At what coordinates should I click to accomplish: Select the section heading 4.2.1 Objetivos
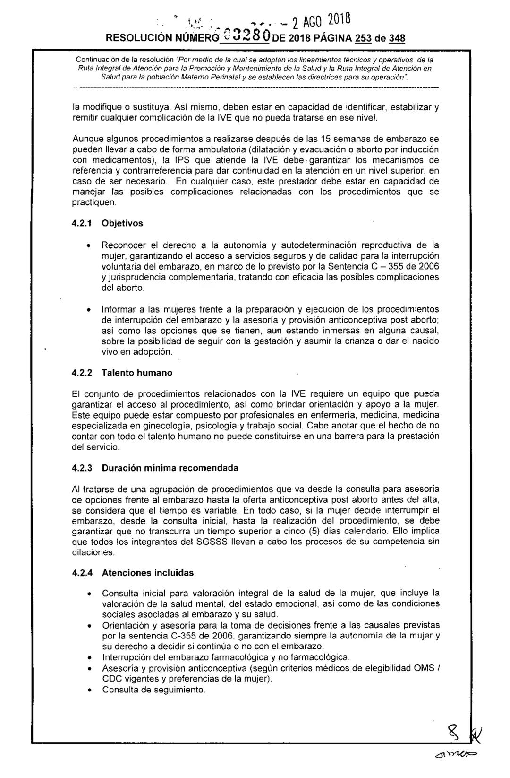point(107,223)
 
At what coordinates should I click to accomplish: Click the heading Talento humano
point(137,373)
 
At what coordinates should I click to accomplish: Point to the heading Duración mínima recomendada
point(170,468)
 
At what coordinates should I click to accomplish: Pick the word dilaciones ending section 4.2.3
point(93,552)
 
